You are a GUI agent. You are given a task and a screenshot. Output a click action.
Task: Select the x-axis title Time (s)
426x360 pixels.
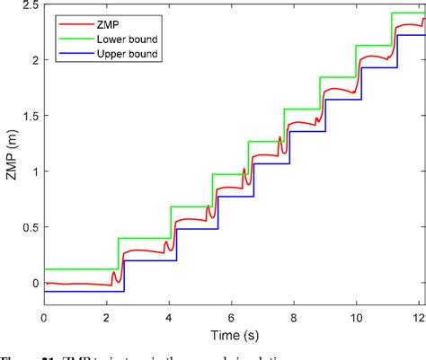pyautogui.click(x=233, y=335)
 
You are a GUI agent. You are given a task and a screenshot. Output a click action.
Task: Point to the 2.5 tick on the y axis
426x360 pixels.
pyautogui.click(x=29, y=5)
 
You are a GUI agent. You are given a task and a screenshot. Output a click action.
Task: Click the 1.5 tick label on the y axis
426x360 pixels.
pyautogui.click(x=29, y=116)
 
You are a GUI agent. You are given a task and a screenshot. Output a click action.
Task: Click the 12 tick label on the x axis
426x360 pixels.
pyautogui.click(x=418, y=317)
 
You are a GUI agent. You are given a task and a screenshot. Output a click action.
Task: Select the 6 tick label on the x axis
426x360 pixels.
pyautogui.click(x=232, y=317)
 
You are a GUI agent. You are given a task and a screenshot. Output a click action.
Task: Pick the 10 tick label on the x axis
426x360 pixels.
pyautogui.click(x=357, y=317)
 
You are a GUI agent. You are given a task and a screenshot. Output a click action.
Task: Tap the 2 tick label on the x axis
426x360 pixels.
pyautogui.click(x=107, y=317)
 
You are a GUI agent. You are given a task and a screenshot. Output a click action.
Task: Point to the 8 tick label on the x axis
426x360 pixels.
pyautogui.click(x=294, y=317)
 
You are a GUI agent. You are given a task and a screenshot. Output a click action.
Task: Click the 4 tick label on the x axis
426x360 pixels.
pyautogui.click(x=169, y=317)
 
